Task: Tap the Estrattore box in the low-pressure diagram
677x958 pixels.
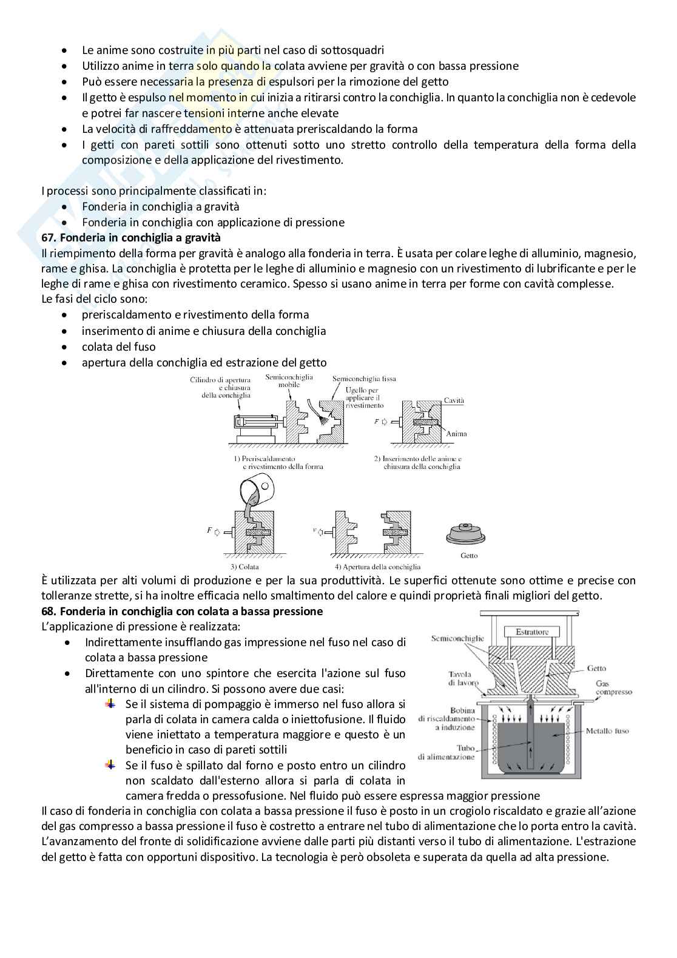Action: (x=532, y=632)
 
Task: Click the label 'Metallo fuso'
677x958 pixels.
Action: (x=607, y=731)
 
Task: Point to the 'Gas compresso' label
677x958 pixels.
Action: (x=613, y=687)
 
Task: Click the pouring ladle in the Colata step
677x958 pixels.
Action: (x=256, y=489)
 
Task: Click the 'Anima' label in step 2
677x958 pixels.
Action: (x=456, y=434)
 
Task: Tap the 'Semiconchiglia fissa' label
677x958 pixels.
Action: (x=364, y=379)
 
